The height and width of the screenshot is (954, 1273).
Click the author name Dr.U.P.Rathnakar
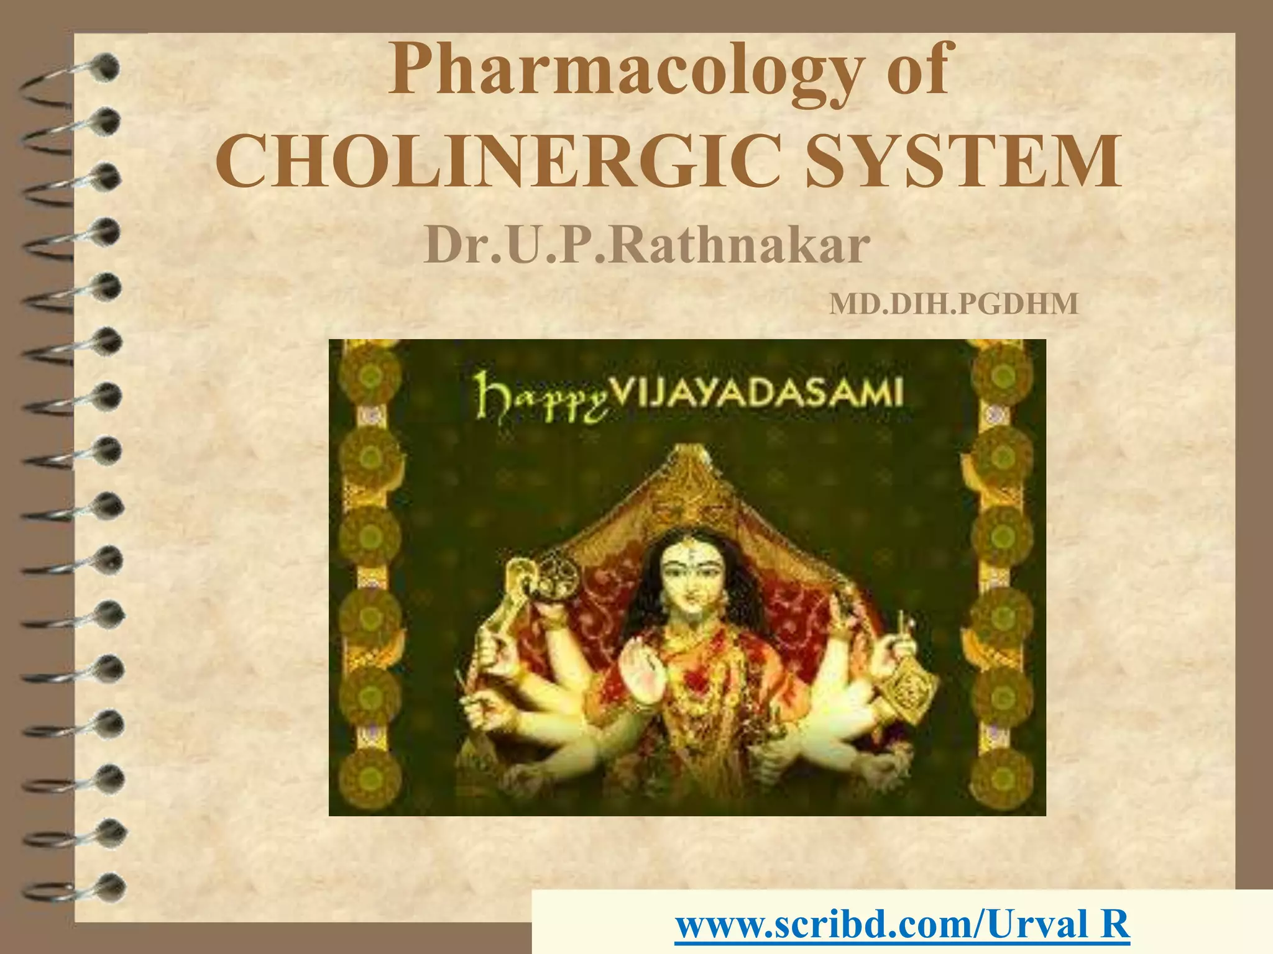pos(646,246)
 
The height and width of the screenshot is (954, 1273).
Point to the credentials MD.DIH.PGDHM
pos(954,304)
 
